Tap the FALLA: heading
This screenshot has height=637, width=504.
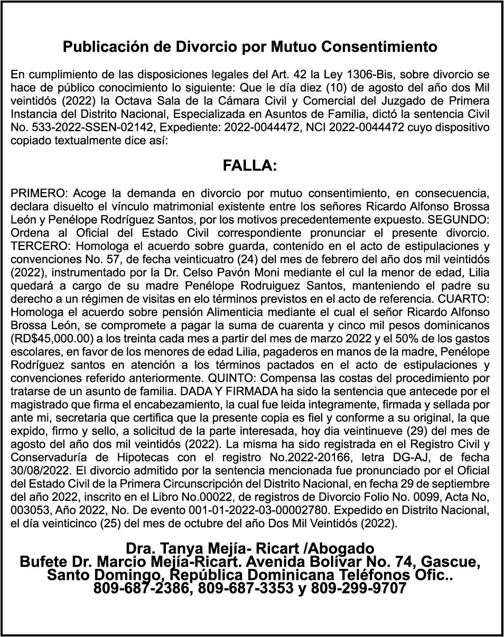(x=250, y=166)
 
